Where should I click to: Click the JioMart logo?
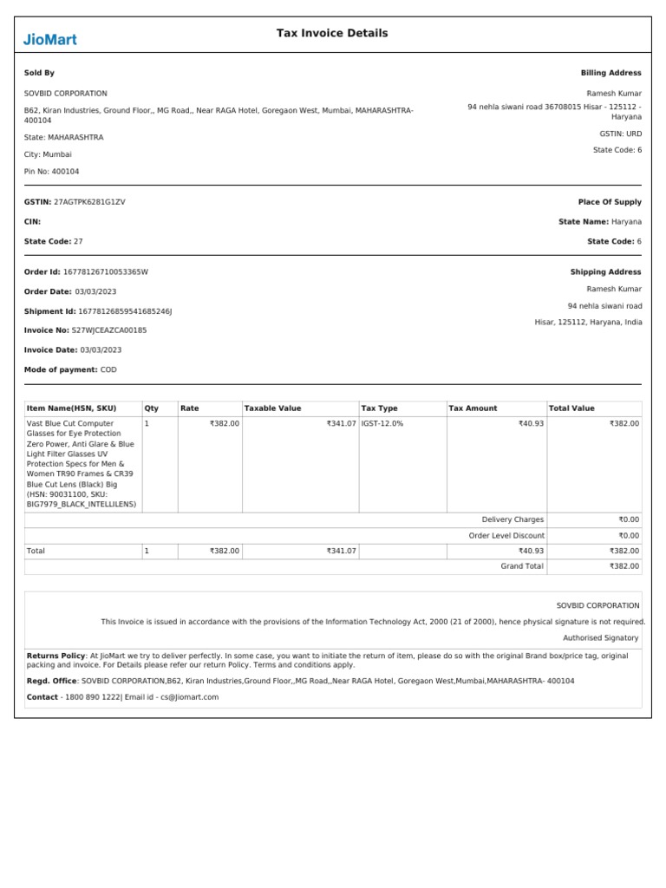49,38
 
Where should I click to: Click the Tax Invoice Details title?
332,33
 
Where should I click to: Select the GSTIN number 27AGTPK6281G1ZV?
89,202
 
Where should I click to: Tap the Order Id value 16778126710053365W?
106,272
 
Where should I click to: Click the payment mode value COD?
108,370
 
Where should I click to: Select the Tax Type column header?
379,408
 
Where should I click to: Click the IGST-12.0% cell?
382,423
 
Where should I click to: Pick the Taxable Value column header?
272,408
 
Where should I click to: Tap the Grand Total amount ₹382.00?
624,566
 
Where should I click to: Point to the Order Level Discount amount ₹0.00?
629,536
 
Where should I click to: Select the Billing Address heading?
610,74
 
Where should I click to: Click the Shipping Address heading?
605,272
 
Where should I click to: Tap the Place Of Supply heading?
610,202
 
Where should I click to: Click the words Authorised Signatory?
606,637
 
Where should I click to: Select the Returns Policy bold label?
56,656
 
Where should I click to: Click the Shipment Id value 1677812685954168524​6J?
125,311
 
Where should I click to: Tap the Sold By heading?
39,74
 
